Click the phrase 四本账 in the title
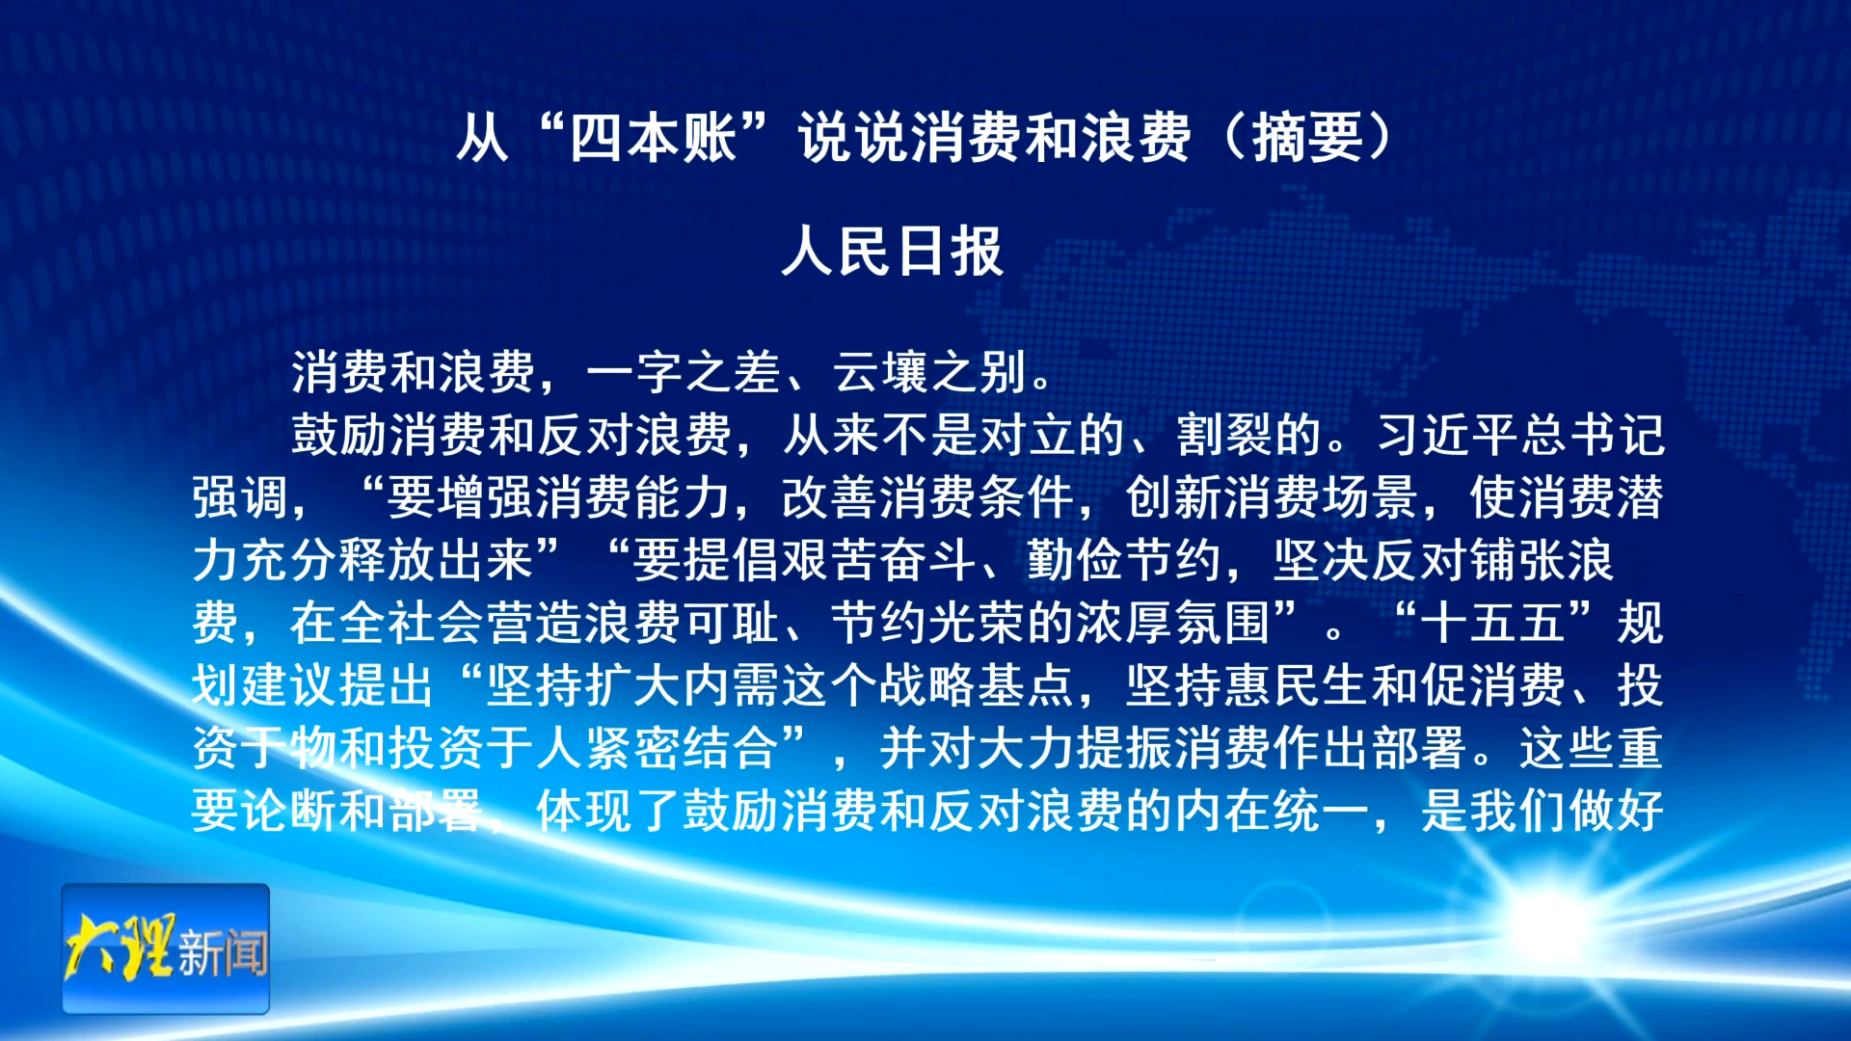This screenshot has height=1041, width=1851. tap(654, 138)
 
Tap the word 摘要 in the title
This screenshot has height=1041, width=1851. tap(1308, 138)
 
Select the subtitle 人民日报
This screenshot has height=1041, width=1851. tap(893, 252)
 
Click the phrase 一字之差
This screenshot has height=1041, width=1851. tap(684, 372)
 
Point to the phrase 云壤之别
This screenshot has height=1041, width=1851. tap(930, 372)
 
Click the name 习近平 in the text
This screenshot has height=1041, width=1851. tap(1449, 435)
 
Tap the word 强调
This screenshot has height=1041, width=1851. tap(240, 497)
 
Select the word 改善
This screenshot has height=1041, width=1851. tap(830, 497)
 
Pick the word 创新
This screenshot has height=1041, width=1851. tap(1174, 497)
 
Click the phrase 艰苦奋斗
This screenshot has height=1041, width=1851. tap(830, 560)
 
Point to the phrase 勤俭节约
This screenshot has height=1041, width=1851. tap(1124, 560)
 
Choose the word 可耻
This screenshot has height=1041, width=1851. tap(732, 623)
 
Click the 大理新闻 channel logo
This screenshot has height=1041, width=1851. tap(166, 948)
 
